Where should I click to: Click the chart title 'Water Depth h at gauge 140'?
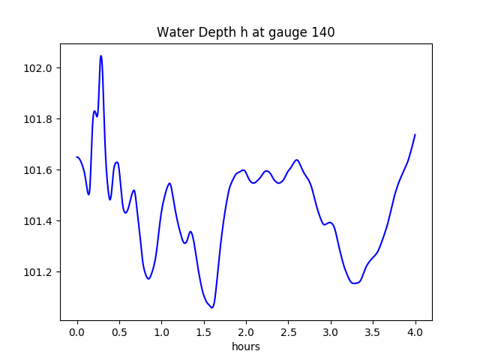[245, 32]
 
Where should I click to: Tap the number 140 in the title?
[324, 32]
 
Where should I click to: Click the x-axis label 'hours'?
[245, 346]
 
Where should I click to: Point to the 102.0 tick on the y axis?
[37, 68]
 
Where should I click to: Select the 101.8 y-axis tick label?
[37, 119]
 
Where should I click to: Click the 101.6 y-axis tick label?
[37, 170]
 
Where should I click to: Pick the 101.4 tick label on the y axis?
[37, 221]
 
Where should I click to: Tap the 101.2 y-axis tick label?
[37, 272]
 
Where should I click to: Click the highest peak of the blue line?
[100, 55]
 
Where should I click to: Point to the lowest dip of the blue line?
[212, 307]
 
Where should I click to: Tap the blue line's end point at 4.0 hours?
[415, 135]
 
